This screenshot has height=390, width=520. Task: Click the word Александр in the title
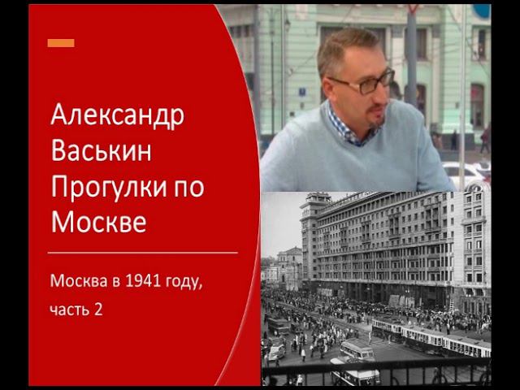click(117, 116)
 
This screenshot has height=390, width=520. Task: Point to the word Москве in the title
click(98, 221)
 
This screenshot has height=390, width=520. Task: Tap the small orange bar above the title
click(61, 42)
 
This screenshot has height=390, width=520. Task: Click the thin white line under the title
click(142, 253)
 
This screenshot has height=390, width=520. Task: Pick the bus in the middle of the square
click(357, 350)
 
